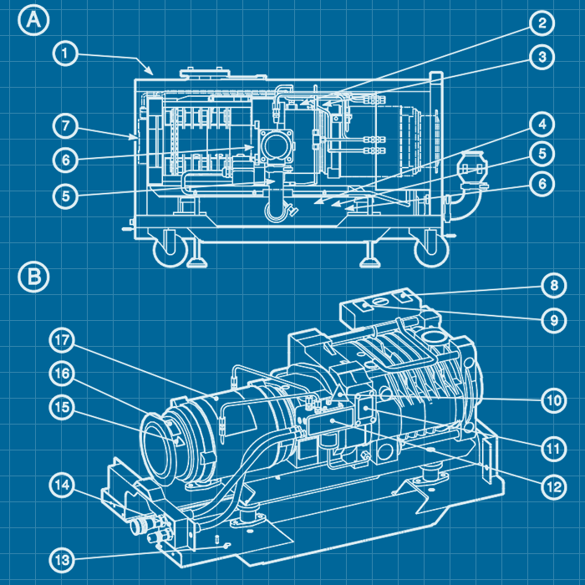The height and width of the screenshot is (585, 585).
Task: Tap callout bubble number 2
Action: coord(542,23)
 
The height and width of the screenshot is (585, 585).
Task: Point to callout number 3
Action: coord(542,57)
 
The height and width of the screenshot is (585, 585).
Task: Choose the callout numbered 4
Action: coord(542,125)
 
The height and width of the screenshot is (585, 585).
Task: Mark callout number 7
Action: coord(66,126)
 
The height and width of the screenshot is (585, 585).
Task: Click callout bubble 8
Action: coord(552,286)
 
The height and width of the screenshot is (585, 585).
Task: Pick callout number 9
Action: coord(552,319)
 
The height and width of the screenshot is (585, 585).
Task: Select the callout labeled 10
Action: coord(552,400)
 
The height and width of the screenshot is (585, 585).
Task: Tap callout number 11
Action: coord(552,449)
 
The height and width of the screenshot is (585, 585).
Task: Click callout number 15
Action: coord(66,407)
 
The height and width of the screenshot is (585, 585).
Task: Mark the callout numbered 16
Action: coord(66,374)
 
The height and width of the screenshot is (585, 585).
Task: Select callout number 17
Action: coord(66,341)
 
